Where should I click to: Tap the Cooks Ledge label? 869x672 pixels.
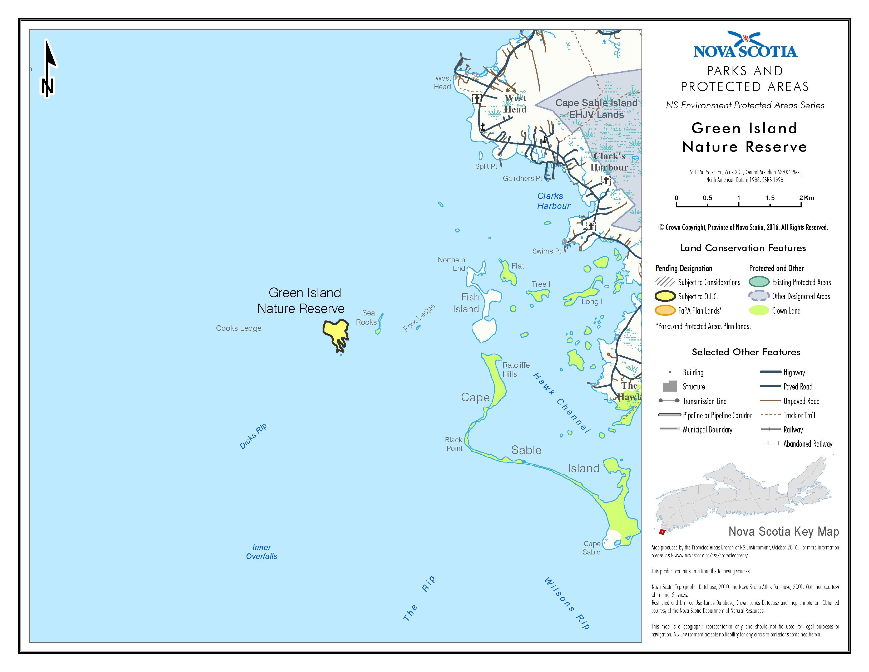tap(239, 328)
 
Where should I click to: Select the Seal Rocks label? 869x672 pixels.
tap(367, 317)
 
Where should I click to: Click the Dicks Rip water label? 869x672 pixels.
tap(253, 436)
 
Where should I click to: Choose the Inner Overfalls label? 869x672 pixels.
tap(262, 552)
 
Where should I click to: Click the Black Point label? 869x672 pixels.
tap(454, 444)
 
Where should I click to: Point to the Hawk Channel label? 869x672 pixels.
tap(561, 402)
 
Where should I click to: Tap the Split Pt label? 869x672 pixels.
tap(486, 166)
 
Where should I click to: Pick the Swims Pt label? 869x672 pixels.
tap(547, 251)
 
